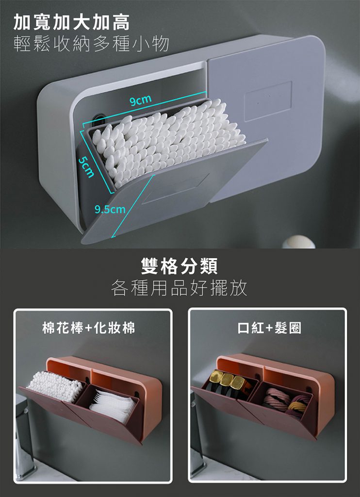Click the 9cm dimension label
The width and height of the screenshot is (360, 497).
[140, 100]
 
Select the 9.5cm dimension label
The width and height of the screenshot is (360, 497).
[110, 210]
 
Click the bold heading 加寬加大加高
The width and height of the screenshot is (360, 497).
[72, 22]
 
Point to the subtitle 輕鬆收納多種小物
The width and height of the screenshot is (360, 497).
[91, 43]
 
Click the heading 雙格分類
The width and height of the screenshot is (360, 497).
[180, 265]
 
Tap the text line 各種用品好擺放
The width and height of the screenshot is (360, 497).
[179, 288]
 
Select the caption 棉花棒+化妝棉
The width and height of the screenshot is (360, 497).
[88, 328]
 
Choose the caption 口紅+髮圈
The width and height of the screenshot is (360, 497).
[270, 328]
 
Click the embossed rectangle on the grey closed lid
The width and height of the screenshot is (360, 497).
[268, 101]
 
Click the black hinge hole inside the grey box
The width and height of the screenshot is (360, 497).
[98, 118]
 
